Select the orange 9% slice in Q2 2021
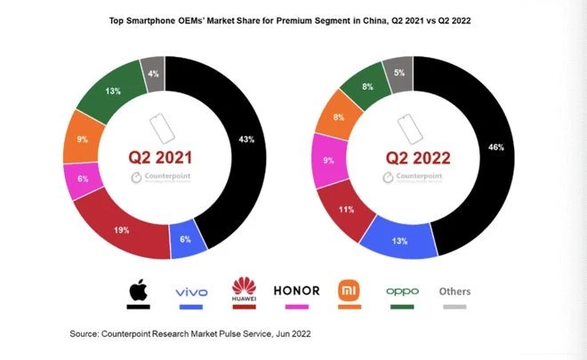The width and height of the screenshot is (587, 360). [81, 139]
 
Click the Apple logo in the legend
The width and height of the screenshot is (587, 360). [138, 290]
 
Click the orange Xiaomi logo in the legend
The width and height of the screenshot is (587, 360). [351, 291]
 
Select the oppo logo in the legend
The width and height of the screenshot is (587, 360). [402, 292]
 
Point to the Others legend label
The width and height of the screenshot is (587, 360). [455, 291]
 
